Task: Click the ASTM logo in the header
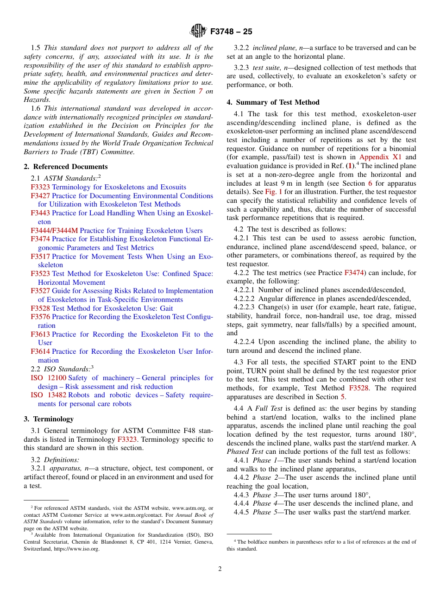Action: tap(198, 31)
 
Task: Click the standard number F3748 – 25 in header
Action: tap(231, 31)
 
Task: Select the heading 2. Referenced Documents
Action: tap(66, 167)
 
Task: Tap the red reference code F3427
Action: tap(40, 196)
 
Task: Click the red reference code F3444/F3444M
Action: tap(54, 231)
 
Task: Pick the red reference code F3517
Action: tap(40, 257)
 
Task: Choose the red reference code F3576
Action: tap(40, 317)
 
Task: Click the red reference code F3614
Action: tap(40, 352)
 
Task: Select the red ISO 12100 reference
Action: tap(48, 378)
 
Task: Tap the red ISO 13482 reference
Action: tap(48, 395)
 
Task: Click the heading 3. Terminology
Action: tap(49, 419)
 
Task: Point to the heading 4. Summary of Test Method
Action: tap(273, 102)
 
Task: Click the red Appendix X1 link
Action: tap(381, 157)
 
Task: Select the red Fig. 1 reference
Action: tap(273, 192)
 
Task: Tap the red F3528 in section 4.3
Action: tap(359, 388)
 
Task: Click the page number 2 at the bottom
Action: tap(220, 569)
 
